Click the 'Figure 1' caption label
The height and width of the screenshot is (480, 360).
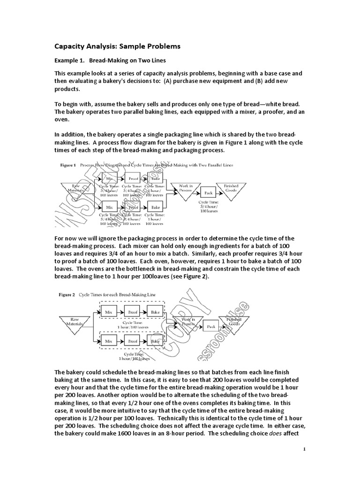coord(68,165)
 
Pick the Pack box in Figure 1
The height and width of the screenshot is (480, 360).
coord(209,192)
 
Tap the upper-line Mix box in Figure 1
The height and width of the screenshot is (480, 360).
coord(110,179)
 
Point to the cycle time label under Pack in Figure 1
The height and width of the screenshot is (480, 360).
coord(208,208)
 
